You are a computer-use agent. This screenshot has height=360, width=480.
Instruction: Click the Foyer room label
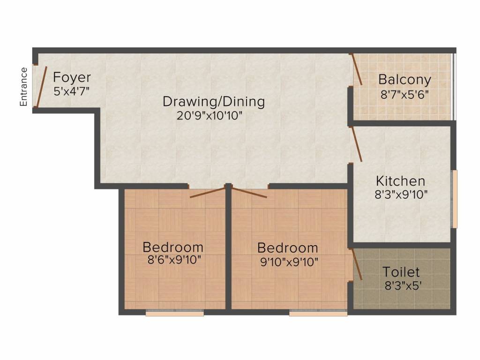point(72,77)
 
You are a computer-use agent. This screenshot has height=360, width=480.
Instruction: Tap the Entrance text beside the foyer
point(23,87)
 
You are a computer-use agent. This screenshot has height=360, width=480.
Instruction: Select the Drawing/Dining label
point(214,102)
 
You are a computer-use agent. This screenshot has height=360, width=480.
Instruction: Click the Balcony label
point(405,80)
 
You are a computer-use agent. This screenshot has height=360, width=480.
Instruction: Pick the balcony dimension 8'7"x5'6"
point(405,95)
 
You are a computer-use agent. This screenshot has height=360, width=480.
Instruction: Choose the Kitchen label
point(400,181)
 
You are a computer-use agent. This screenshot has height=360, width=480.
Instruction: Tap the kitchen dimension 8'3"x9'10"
point(401,195)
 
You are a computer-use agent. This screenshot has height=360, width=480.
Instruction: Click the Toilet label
point(401,272)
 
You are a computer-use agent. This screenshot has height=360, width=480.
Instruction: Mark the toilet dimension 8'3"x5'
point(403,285)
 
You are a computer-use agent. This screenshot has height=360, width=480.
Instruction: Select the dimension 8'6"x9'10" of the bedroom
point(174,260)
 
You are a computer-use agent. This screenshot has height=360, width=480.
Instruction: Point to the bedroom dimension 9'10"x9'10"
point(289,262)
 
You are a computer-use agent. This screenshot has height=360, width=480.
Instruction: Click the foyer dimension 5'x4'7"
point(72,91)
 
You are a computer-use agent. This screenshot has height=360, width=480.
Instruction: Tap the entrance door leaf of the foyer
point(41,87)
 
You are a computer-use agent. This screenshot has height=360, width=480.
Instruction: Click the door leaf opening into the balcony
point(356,69)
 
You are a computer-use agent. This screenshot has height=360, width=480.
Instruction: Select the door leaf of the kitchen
point(357,144)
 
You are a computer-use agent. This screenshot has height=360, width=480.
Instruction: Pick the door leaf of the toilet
point(357,264)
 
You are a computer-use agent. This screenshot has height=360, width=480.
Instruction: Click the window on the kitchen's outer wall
point(455,199)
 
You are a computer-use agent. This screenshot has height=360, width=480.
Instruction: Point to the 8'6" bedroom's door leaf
point(208,192)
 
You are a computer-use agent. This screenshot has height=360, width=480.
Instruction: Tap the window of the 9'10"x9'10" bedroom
point(318,313)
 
